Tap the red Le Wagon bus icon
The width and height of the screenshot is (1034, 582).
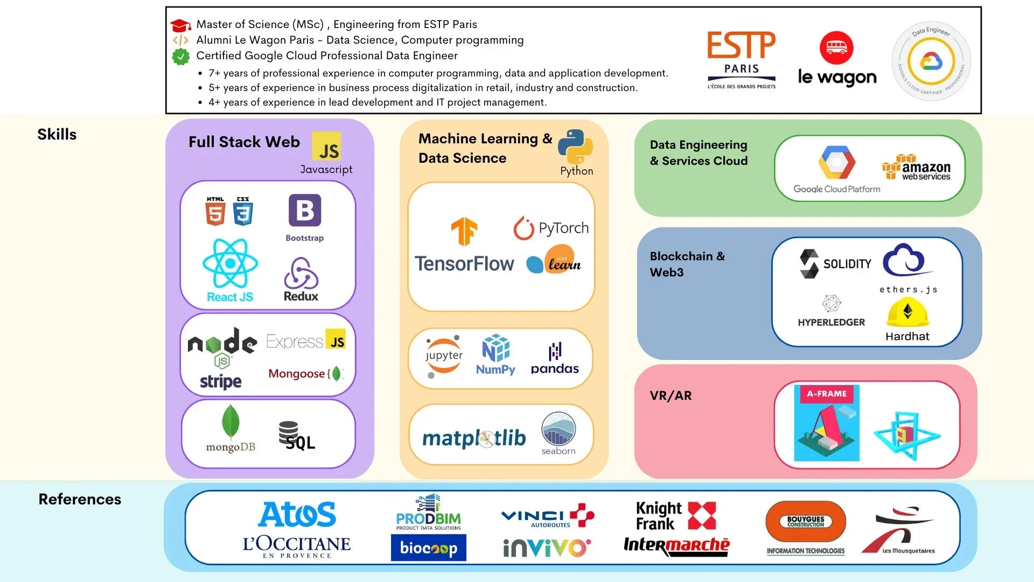pos(836,47)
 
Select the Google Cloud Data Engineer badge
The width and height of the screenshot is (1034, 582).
pos(931,61)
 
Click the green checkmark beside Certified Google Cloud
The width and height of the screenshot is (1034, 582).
pos(181,56)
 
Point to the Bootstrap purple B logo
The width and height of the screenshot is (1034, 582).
pos(305,210)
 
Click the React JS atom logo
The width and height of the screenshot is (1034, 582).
pos(230,264)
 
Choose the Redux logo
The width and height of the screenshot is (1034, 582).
pos(301,274)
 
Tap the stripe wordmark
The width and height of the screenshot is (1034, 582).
pos(221,382)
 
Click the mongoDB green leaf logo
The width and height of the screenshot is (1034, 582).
pos(230,422)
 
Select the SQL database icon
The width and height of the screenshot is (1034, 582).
pos(289,432)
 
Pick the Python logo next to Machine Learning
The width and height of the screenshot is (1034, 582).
pos(575,146)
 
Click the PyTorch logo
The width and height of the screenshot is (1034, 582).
pos(551,228)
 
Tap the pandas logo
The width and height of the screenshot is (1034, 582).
pos(555,358)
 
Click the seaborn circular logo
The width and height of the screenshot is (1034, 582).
pos(558,429)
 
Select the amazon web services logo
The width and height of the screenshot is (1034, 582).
pos(916,168)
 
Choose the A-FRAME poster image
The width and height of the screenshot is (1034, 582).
pos(827,423)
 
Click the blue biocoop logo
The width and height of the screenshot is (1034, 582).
pos(428,548)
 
